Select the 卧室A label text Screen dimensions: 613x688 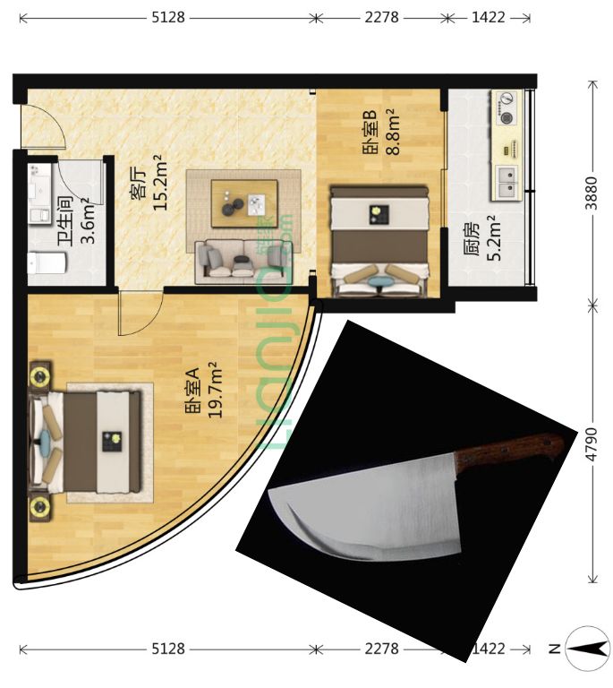coord(192,391)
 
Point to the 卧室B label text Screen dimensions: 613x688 coord(370,133)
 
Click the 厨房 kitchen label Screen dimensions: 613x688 coord(472,239)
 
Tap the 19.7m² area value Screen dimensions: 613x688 coord(214,390)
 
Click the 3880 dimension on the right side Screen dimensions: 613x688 coord(592,193)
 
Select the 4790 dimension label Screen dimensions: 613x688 coord(592,444)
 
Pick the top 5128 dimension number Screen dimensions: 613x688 coord(168,17)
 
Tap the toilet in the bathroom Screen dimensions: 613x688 coord(47,262)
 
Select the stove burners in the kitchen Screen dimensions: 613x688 coord(507,107)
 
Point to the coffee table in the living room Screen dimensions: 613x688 coord(244,203)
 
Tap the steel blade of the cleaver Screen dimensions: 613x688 coord(366,509)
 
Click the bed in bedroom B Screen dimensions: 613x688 coord(379,241)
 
